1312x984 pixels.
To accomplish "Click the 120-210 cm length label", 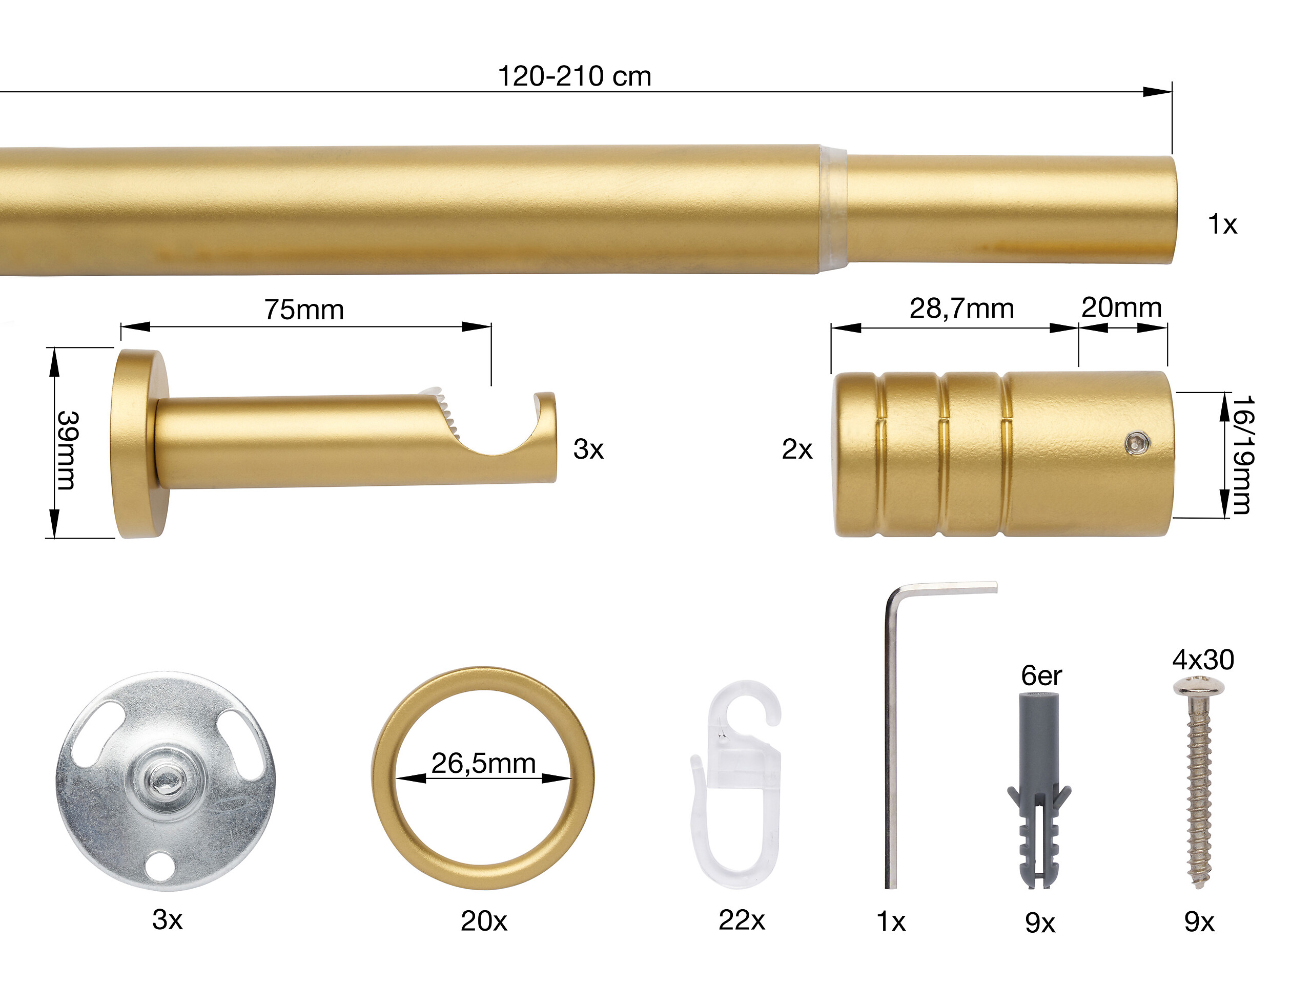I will coord(573,76).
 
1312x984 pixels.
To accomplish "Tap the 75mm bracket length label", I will coord(304,310).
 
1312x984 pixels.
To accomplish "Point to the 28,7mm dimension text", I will coord(961,309).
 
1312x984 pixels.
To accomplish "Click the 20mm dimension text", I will coord(1121,307).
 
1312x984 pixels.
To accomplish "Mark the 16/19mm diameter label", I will coord(1242,455).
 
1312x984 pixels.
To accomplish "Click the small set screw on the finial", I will coord(1137,442).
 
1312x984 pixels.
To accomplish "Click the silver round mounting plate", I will coord(166,781).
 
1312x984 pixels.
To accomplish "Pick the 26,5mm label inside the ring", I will coord(483,763).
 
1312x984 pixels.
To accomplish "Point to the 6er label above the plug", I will coord(1041,675).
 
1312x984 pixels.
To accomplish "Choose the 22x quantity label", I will coord(742,920).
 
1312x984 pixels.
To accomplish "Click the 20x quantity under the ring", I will coord(483,921).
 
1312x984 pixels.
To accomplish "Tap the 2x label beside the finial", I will coord(796,449).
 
